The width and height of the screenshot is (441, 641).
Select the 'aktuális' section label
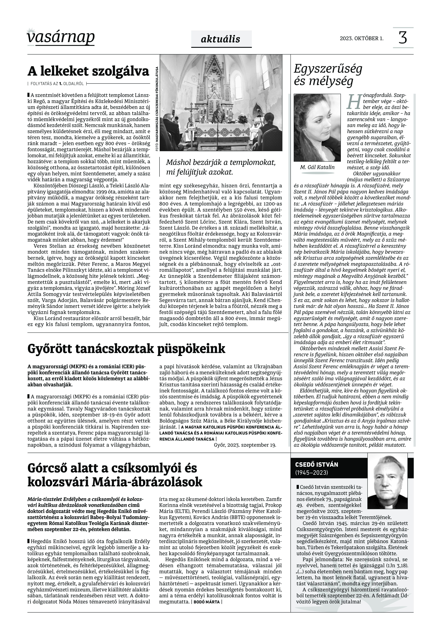click(x=221, y=39)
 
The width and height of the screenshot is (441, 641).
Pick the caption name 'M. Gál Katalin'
click(x=317, y=167)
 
